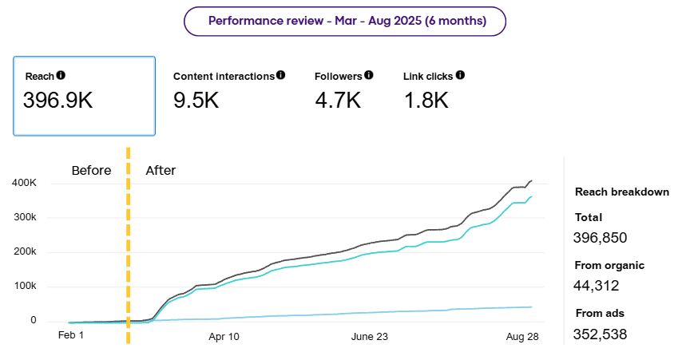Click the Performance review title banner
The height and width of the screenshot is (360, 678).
(345, 21)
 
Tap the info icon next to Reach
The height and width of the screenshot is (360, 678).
(61, 75)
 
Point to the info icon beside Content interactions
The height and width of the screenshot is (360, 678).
(280, 75)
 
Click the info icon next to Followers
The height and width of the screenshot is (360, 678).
(369, 75)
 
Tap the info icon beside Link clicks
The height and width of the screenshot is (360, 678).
(460, 75)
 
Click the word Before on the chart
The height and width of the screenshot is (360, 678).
(91, 170)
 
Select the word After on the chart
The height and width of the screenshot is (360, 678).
(161, 170)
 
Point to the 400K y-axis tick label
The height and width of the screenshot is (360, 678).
(23, 183)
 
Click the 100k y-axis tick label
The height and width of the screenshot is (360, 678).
(23, 286)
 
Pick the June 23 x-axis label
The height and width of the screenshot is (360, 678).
(370, 337)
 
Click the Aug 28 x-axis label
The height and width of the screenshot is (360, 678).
(523, 337)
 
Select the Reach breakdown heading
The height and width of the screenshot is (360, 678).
(622, 192)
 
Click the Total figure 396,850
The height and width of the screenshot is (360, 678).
(601, 237)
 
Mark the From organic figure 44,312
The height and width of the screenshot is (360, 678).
(596, 285)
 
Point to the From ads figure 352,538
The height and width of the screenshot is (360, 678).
(600, 333)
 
